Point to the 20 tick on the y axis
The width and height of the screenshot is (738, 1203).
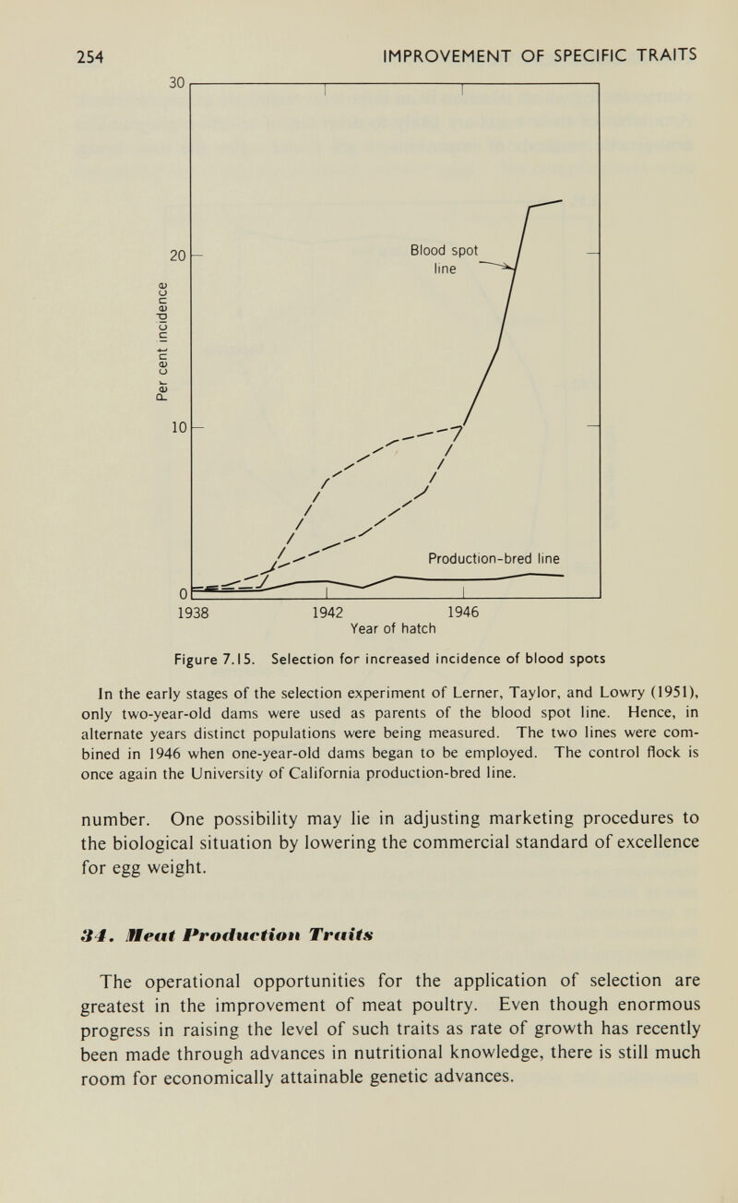tap(177, 254)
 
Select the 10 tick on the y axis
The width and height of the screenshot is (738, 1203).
tap(177, 427)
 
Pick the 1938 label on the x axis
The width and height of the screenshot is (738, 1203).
tap(192, 611)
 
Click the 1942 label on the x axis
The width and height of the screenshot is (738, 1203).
tap(323, 611)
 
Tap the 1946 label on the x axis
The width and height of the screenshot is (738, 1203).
tap(455, 611)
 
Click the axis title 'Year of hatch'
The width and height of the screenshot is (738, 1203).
tap(389, 629)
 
